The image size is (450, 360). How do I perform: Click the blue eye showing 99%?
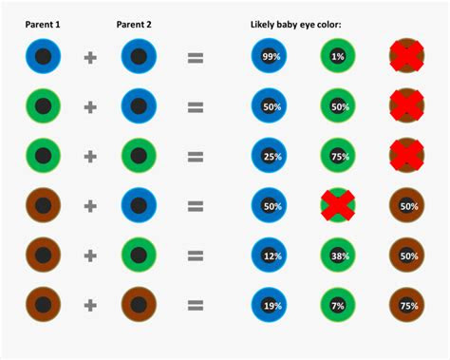(270, 58)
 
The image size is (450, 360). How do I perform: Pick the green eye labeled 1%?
(338, 58)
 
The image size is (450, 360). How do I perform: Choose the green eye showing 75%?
(338, 157)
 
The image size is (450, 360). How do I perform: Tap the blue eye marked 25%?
(270, 157)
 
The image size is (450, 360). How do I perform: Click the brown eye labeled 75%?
(406, 305)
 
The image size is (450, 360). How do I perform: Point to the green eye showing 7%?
(338, 305)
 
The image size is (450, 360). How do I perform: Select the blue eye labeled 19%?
(270, 305)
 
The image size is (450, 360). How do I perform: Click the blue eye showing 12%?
(270, 256)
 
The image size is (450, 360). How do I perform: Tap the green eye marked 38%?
(338, 256)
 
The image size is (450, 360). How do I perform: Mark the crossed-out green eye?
(338, 206)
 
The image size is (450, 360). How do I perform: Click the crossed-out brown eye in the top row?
(406, 58)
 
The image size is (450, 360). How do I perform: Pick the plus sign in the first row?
(90, 58)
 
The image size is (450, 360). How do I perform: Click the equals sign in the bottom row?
(196, 305)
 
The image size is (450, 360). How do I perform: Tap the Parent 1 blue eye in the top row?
(43, 58)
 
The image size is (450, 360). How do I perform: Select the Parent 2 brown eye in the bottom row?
(138, 305)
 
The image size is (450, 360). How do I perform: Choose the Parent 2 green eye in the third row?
(138, 157)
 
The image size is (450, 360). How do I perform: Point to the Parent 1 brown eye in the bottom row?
(43, 305)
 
